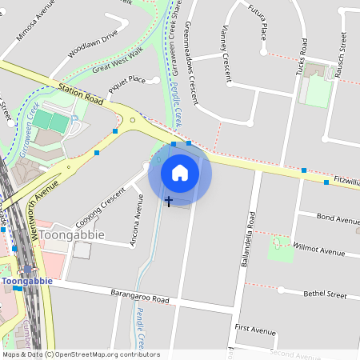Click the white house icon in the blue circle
pyautogui.click(x=180, y=173)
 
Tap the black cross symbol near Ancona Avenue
pyautogui.click(x=168, y=202)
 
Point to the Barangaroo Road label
pyautogui.click(x=140, y=297)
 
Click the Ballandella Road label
pyautogui.click(x=250, y=234)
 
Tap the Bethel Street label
pyautogui.click(x=325, y=294)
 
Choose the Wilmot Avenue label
pyautogui.click(x=319, y=249)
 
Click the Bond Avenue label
pyautogui.click(x=338, y=218)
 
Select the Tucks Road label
pyautogui.click(x=302, y=57)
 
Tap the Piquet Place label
pyautogui.click(x=126, y=80)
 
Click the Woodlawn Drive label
pyautogui.click(x=93, y=42)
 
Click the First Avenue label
pyautogui.click(x=254, y=329)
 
